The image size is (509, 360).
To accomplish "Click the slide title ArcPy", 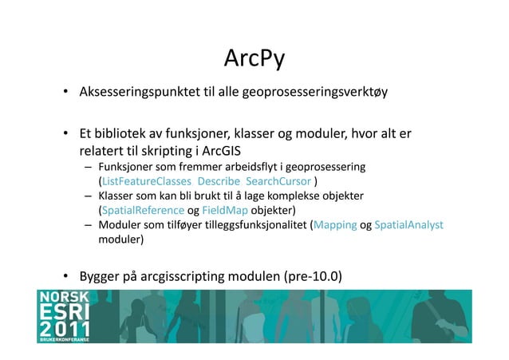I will tap(254, 59).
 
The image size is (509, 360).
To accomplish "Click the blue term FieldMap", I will tap(224, 211).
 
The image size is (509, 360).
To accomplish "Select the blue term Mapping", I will tap(335, 226).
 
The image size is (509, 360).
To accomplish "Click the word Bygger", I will tap(101, 278).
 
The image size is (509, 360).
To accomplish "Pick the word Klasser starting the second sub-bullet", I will tap(116, 196).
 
